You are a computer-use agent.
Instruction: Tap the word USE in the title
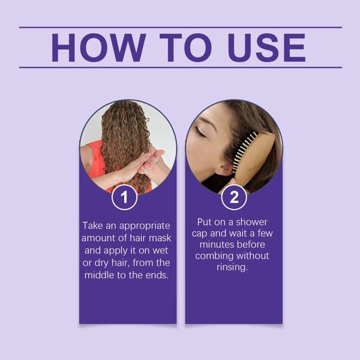(x=266, y=48)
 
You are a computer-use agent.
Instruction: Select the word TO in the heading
(x=185, y=48)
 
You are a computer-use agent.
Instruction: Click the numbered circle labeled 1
(x=124, y=197)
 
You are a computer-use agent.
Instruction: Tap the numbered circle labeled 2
(x=234, y=197)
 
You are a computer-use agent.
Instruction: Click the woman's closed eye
(x=200, y=133)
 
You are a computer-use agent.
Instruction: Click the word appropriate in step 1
(x=145, y=226)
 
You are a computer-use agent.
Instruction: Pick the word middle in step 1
(x=99, y=275)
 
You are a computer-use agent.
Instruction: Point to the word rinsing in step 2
(x=232, y=268)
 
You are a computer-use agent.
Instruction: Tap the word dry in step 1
(x=101, y=263)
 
